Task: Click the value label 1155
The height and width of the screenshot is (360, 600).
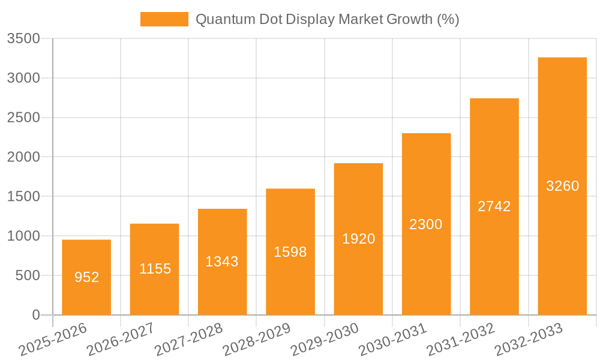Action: (x=155, y=269)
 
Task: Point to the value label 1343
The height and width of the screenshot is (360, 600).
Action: (x=222, y=262)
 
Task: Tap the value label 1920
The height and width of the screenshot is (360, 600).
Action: (x=358, y=239)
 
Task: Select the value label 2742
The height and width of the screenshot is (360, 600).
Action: (x=494, y=206)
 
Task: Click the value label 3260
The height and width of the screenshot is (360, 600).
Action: (x=562, y=186)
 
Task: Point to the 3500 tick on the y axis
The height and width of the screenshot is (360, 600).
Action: (x=23, y=39)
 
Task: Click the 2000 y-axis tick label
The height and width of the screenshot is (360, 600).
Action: (x=23, y=157)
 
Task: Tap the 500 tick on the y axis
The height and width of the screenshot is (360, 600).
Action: (x=28, y=275)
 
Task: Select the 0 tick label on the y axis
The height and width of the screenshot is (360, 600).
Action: (x=35, y=315)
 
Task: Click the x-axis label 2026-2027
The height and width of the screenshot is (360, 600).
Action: (x=120, y=340)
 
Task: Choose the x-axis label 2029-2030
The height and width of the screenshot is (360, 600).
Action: (x=325, y=340)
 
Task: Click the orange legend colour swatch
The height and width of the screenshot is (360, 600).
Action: (x=164, y=19)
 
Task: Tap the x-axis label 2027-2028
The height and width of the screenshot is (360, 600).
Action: (x=188, y=340)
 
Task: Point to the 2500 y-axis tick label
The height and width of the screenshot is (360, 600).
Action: (x=23, y=118)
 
